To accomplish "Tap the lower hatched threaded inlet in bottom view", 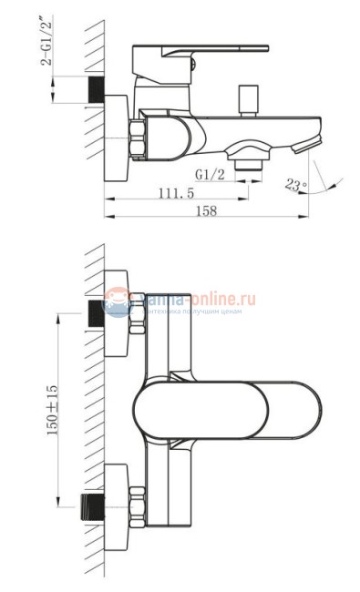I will point(94,503).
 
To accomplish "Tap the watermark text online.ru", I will point(222,297).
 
